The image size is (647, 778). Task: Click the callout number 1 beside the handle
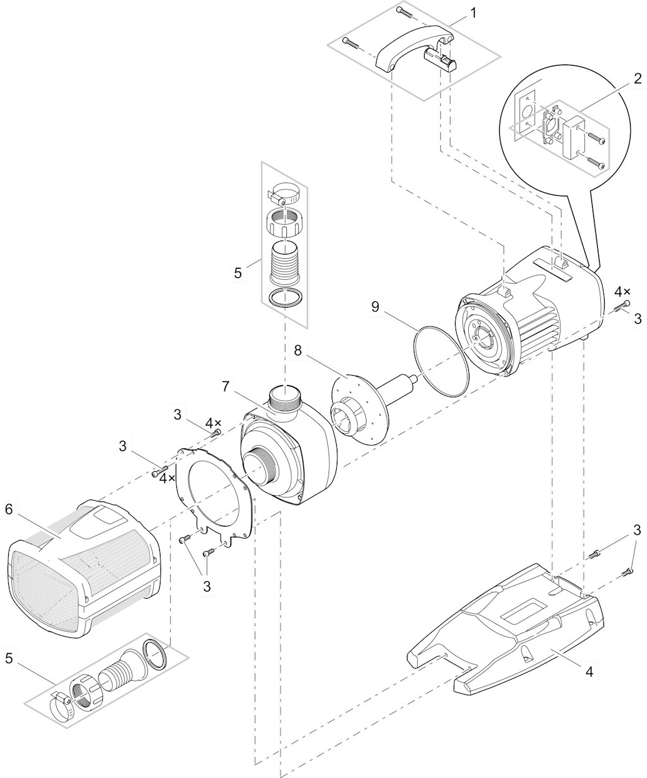pyautogui.click(x=473, y=13)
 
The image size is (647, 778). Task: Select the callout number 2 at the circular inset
pyautogui.click(x=638, y=79)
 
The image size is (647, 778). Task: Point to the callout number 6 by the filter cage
pyautogui.click(x=9, y=510)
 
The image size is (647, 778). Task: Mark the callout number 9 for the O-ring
pyautogui.click(x=375, y=307)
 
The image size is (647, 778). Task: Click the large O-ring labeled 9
pyautogui.click(x=441, y=361)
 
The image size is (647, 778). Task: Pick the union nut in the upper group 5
pyautogui.click(x=284, y=222)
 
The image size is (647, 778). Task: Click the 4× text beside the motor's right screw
pyautogui.click(x=622, y=292)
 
